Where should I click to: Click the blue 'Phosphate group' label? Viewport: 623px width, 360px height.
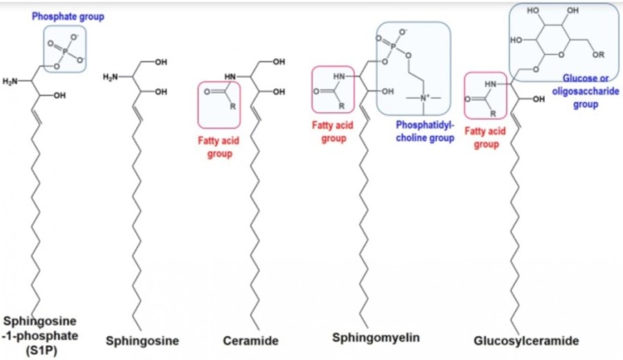[x=68, y=15]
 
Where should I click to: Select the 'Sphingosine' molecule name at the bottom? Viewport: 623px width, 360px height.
[x=142, y=340]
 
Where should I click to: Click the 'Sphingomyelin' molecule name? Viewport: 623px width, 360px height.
[x=376, y=336]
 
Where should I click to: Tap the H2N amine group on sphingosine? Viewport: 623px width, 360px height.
[x=111, y=77]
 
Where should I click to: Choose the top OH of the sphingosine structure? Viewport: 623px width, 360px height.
[x=160, y=62]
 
